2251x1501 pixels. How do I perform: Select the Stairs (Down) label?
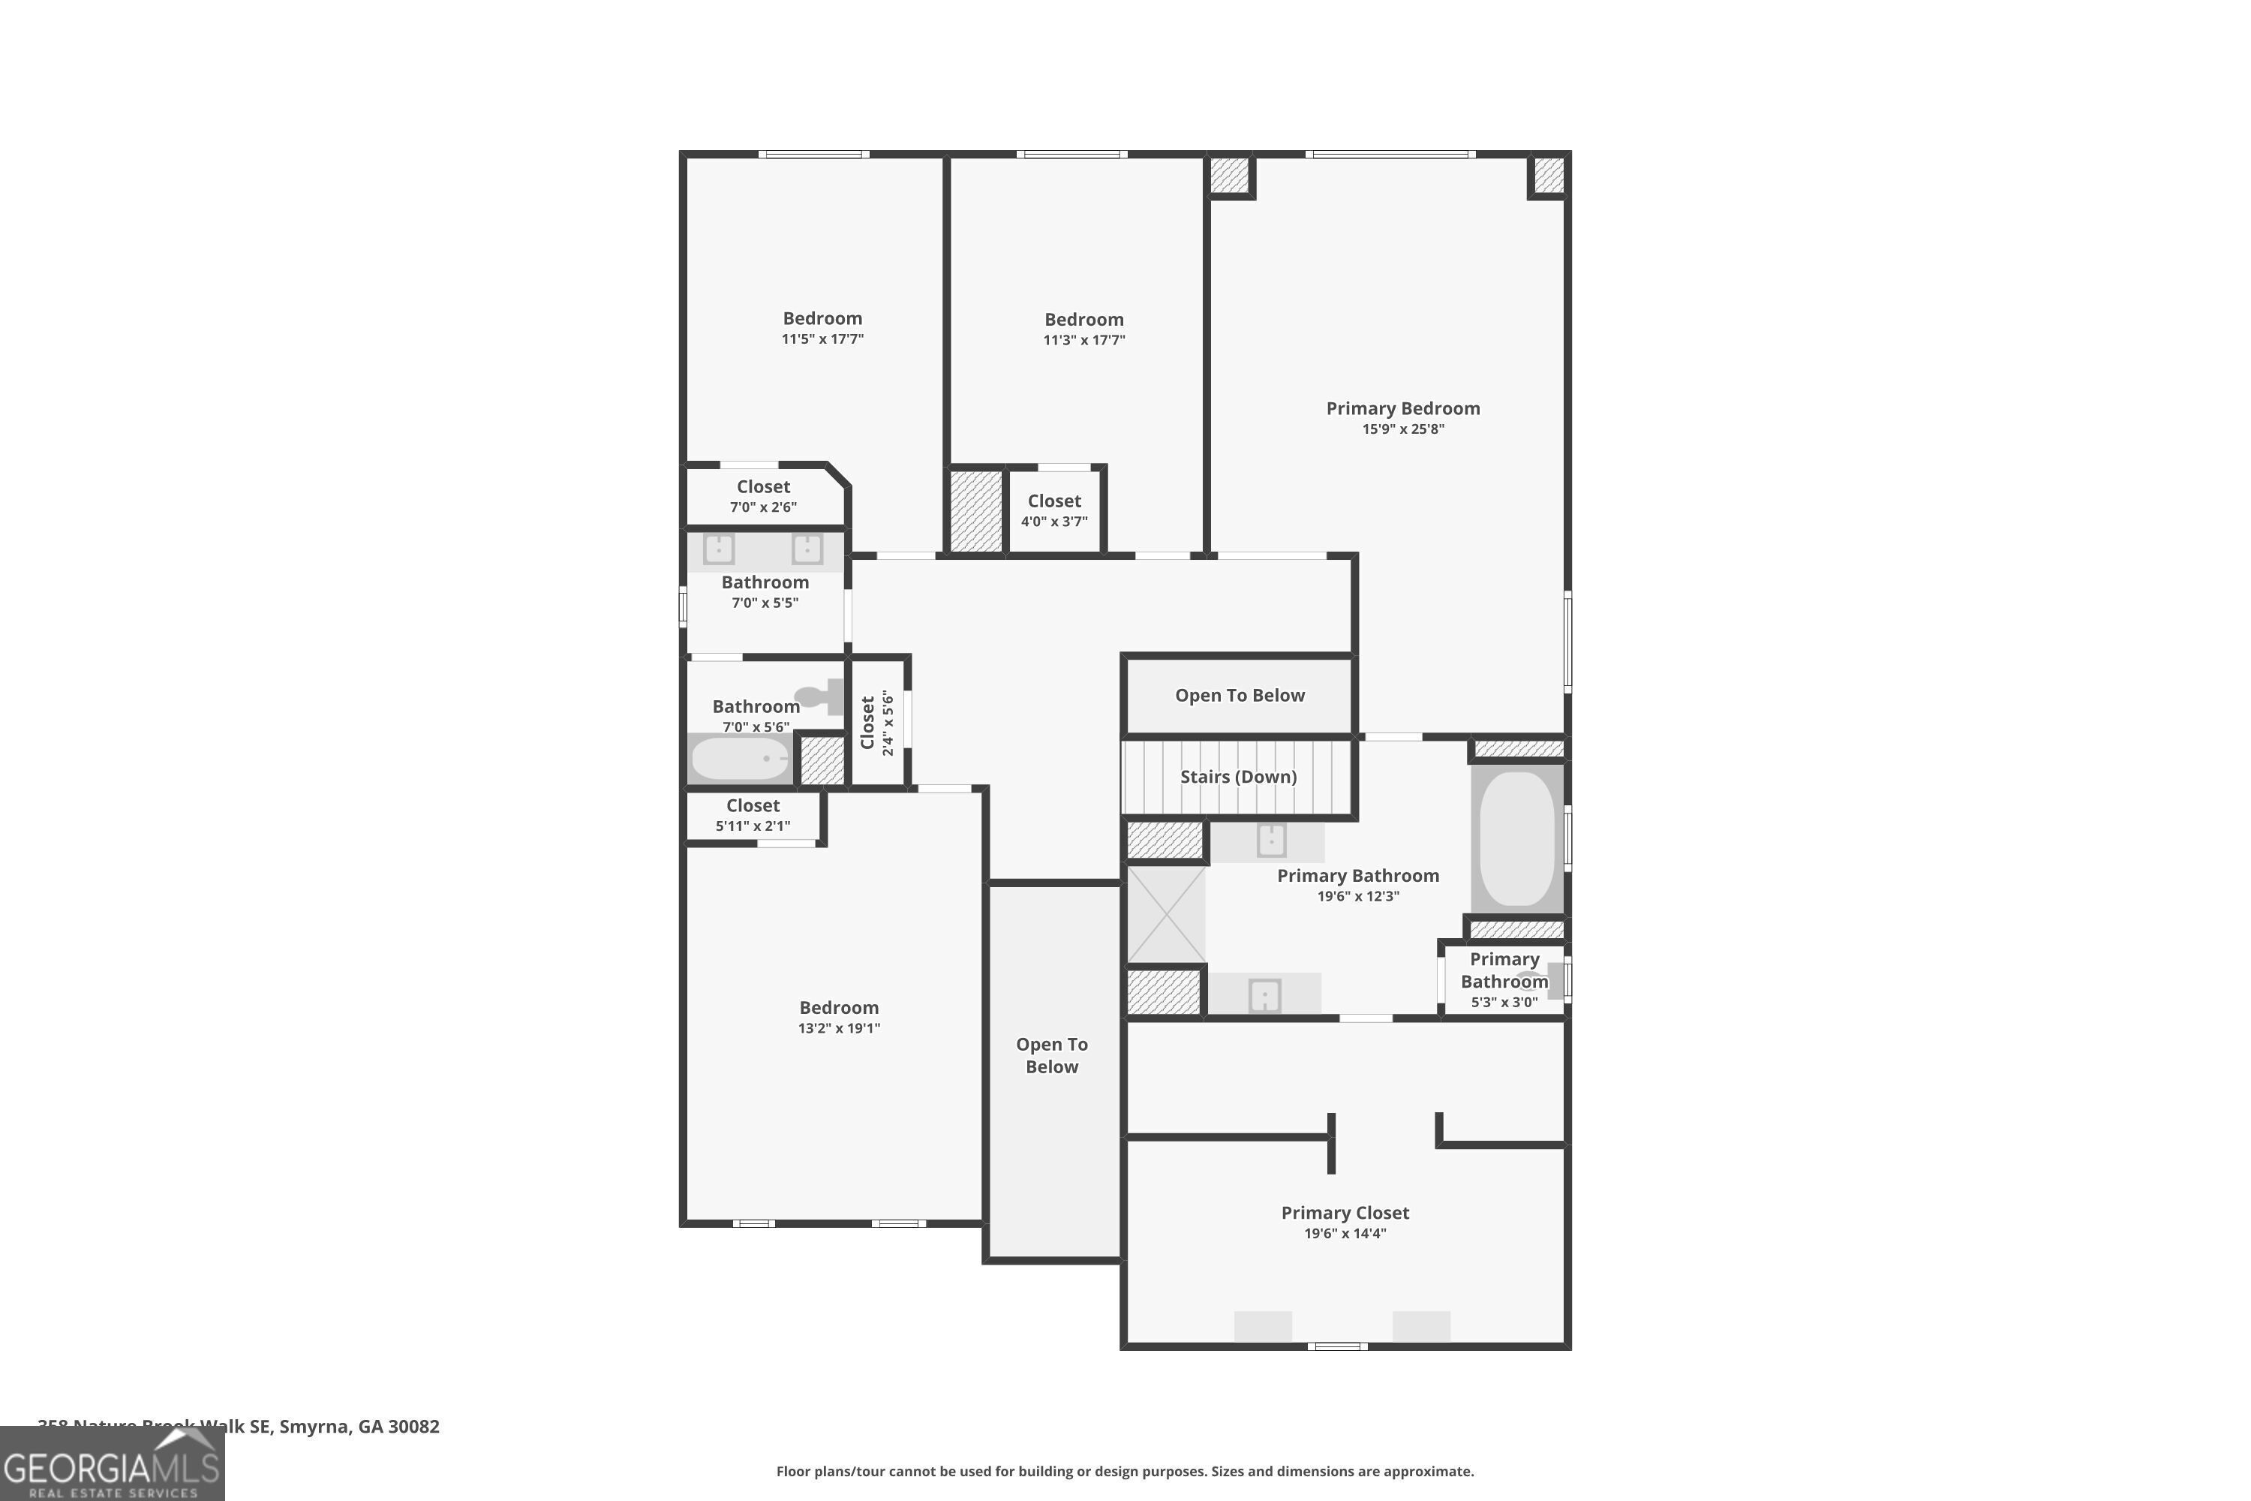pyautogui.click(x=1237, y=776)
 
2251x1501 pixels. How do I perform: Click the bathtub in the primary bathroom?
pyautogui.click(x=1517, y=838)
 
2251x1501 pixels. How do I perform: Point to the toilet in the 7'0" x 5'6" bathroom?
pyautogui.click(x=819, y=696)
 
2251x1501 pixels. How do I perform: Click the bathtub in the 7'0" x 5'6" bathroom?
pyautogui.click(x=740, y=759)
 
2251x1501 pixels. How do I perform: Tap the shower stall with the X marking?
pyautogui.click(x=1166, y=913)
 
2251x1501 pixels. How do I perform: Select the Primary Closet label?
pyautogui.click(x=1345, y=1213)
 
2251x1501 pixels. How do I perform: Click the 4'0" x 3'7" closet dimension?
pyautogui.click(x=1053, y=522)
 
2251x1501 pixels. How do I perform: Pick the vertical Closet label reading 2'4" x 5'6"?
pyautogui.click(x=876, y=723)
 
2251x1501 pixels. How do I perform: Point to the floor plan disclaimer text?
pyautogui.click(x=1125, y=1471)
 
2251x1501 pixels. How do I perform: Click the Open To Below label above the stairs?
pyautogui.click(x=1240, y=696)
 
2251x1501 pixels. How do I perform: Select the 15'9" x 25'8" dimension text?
pyautogui.click(x=1403, y=429)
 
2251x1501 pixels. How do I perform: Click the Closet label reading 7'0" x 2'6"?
pyautogui.click(x=763, y=487)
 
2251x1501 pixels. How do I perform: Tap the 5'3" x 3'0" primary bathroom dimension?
pyautogui.click(x=1504, y=1002)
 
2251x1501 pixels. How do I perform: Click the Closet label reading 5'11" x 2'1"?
pyautogui.click(x=753, y=806)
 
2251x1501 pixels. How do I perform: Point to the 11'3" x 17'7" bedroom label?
pyautogui.click(x=1083, y=320)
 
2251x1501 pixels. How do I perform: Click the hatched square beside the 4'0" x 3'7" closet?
pyautogui.click(x=975, y=511)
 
